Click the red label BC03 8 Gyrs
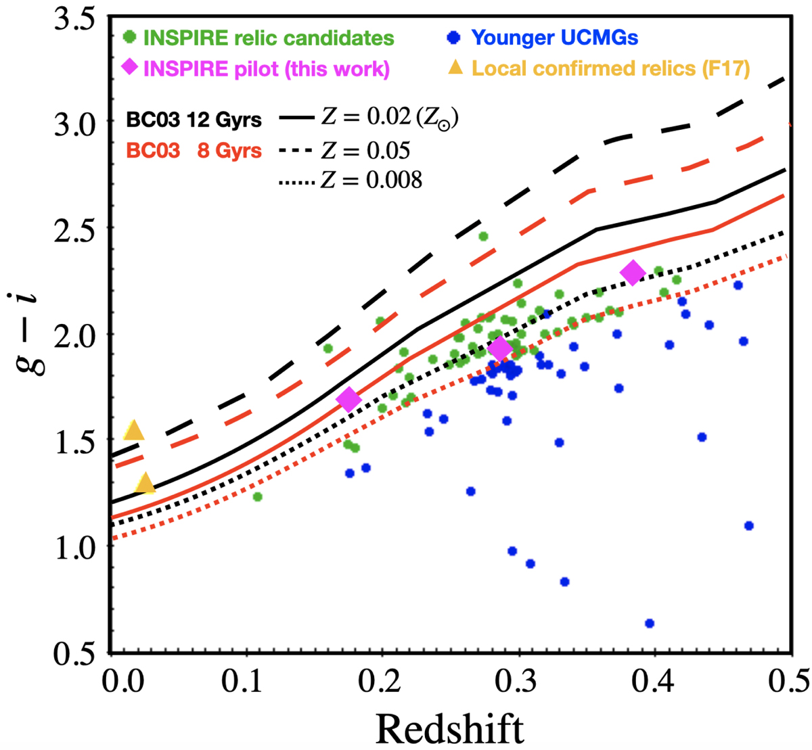tap(195, 150)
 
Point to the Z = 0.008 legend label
tap(371, 180)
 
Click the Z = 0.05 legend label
tap(365, 150)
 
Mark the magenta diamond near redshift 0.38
tap(633, 273)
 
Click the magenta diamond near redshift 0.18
tap(348, 400)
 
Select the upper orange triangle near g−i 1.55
tap(134, 430)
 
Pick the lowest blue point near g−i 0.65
tap(650, 623)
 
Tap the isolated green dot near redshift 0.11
tap(257, 496)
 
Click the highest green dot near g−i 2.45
tap(483, 236)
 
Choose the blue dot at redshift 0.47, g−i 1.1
tap(748, 525)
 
